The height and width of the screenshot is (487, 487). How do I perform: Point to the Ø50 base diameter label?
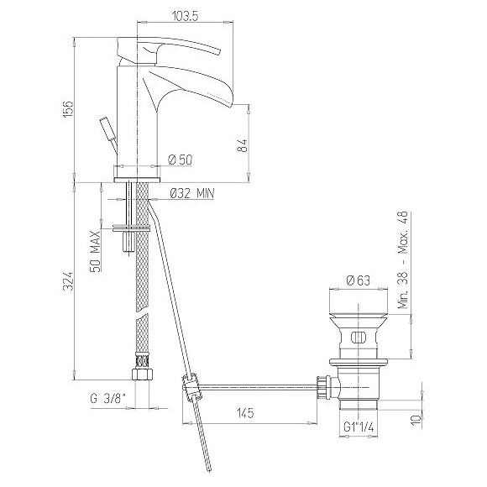181,159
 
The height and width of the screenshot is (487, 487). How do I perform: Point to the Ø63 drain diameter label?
358,281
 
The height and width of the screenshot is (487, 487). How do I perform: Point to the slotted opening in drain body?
359,339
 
